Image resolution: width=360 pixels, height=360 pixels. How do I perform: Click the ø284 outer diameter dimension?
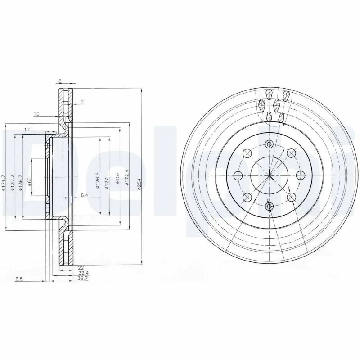click(139, 184)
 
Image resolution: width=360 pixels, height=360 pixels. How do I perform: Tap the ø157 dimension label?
click(117, 178)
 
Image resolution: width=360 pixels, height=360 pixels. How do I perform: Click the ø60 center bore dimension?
click(30, 182)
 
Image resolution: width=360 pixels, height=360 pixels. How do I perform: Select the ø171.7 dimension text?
click(4, 183)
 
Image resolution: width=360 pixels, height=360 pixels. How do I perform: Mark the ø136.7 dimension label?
click(21, 183)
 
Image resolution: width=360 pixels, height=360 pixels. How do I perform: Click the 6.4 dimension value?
click(84, 195)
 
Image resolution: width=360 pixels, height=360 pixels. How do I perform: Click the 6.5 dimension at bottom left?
click(19, 279)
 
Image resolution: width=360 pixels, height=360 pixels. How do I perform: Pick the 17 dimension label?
click(27, 130)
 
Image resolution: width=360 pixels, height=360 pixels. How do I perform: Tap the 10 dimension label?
click(36, 114)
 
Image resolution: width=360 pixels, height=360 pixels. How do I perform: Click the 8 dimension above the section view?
click(60, 81)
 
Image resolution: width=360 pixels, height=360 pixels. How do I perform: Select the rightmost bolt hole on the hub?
click(300, 175)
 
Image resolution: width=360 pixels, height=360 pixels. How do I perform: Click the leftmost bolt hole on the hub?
click(238, 175)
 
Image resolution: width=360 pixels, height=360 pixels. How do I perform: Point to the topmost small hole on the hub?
click(269, 144)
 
